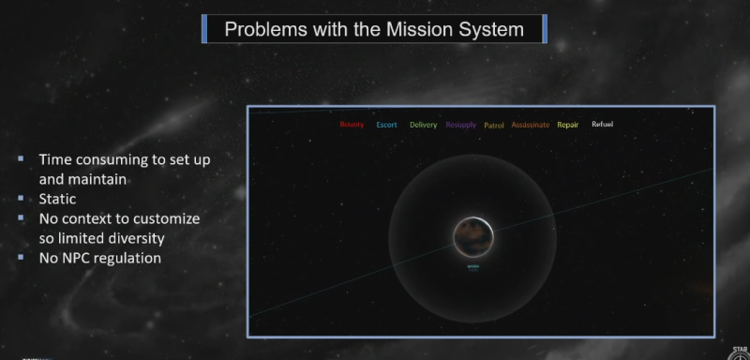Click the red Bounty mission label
click(x=352, y=125)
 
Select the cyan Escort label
click(x=386, y=125)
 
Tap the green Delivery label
click(x=423, y=125)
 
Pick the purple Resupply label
click(x=461, y=125)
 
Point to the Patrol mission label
click(x=494, y=125)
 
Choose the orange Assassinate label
click(x=531, y=125)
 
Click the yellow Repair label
click(x=569, y=125)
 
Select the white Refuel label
click(x=602, y=125)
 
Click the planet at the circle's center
click(x=472, y=237)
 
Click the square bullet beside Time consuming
click(x=21, y=159)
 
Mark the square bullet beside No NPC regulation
click(x=21, y=257)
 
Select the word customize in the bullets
click(x=170, y=217)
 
